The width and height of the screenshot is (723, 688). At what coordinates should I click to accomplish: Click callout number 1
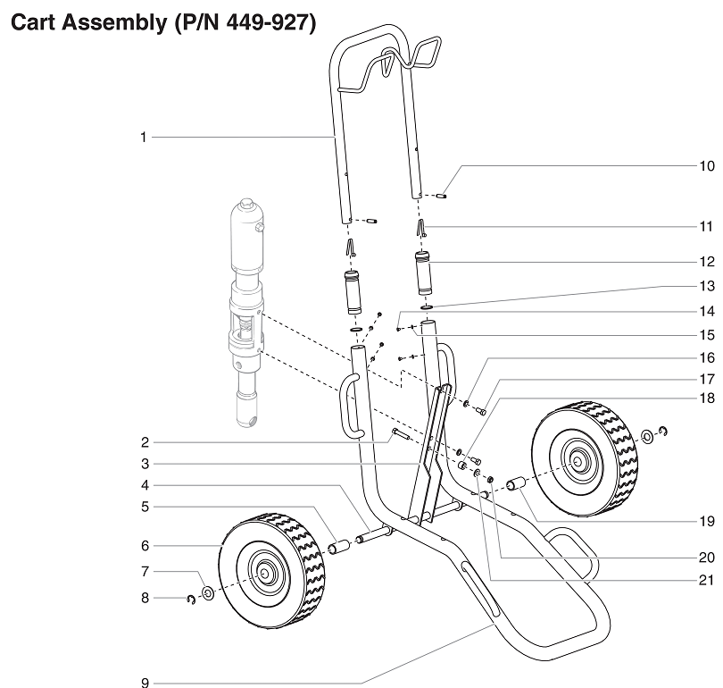coord(142,137)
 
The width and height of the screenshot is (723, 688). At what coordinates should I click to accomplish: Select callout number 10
coord(706,165)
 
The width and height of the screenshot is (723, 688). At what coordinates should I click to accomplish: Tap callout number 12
coord(706,263)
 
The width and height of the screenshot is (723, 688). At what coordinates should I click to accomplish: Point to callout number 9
coord(143,683)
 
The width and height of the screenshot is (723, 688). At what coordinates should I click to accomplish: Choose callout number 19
coord(706,518)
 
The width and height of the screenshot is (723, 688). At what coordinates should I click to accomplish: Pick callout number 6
coord(143,544)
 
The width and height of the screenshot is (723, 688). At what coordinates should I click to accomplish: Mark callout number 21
coord(706,580)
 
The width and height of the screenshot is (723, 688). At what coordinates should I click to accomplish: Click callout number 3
coord(143,464)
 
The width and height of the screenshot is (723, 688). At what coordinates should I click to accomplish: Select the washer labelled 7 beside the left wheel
coord(206,592)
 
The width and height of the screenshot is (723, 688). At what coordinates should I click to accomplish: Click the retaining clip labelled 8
coord(190,599)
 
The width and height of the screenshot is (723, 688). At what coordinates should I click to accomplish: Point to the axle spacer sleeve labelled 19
coord(515,485)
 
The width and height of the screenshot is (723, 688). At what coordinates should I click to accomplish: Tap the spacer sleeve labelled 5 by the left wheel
coord(340,547)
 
